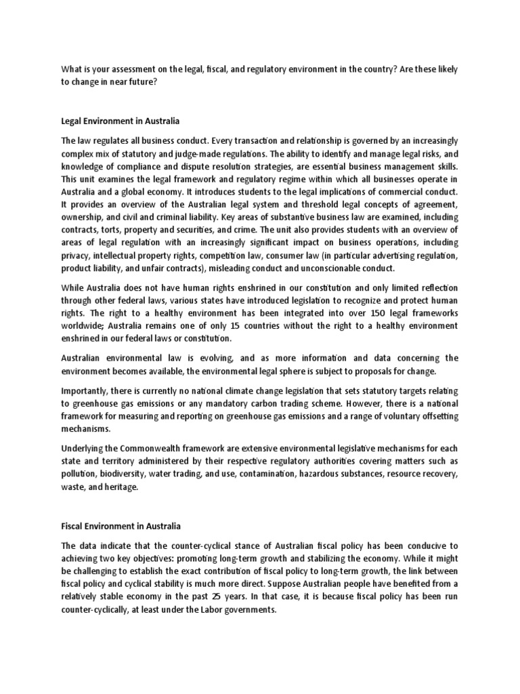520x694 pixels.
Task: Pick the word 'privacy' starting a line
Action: [77, 256]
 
